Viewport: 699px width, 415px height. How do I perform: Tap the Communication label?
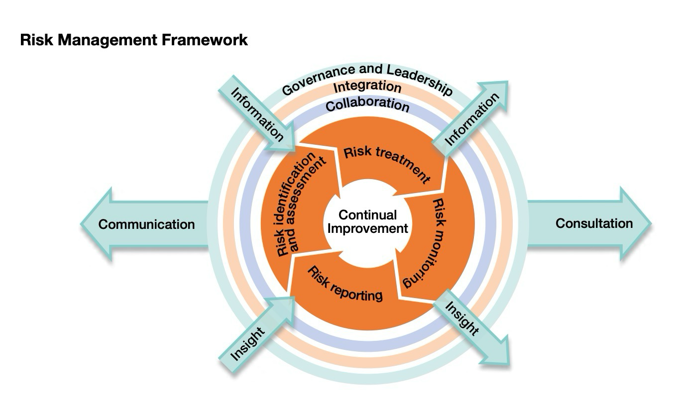point(146,224)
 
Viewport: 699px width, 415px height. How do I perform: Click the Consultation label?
point(594,223)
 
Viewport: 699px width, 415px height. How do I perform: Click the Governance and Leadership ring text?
point(367,78)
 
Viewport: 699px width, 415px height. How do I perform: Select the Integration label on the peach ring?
point(367,87)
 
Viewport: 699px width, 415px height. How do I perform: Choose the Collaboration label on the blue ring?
point(367,105)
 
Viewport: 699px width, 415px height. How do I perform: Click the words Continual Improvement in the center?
point(367,221)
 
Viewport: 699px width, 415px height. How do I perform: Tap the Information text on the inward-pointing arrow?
point(256,114)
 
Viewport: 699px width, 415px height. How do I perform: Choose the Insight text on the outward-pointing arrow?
point(462,319)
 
